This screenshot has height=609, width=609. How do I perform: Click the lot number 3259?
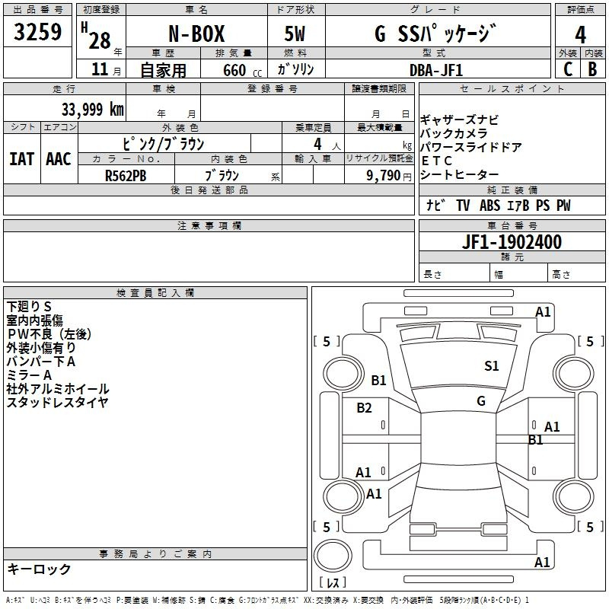coord(37,32)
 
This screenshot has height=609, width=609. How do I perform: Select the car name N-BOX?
coord(196,33)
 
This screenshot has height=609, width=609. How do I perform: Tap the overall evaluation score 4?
coord(580,35)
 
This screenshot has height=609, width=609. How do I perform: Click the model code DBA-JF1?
coord(436,70)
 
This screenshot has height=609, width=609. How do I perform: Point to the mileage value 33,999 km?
coord(93,110)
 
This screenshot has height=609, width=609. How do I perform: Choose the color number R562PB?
coord(126,176)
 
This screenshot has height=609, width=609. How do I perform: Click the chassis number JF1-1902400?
coord(512,242)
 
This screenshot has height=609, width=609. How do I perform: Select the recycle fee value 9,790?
coord(384,176)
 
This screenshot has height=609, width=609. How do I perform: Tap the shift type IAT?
coord(22,159)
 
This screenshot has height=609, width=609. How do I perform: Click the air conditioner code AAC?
coord(59,159)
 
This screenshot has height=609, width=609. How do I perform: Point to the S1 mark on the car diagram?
coord(491,366)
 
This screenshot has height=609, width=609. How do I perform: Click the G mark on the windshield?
coord(481,401)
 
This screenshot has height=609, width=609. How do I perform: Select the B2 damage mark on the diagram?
coord(364,408)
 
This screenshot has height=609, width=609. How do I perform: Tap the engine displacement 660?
coord(234,71)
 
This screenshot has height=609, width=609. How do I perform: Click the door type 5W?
coord(295,33)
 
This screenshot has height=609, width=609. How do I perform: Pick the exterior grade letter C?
coord(568,69)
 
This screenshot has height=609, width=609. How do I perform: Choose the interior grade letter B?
coord(593,69)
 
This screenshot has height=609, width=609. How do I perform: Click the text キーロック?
coord(39,569)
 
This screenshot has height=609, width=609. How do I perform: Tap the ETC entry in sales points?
coord(436,161)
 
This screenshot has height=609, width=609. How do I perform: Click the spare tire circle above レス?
coord(333,556)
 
